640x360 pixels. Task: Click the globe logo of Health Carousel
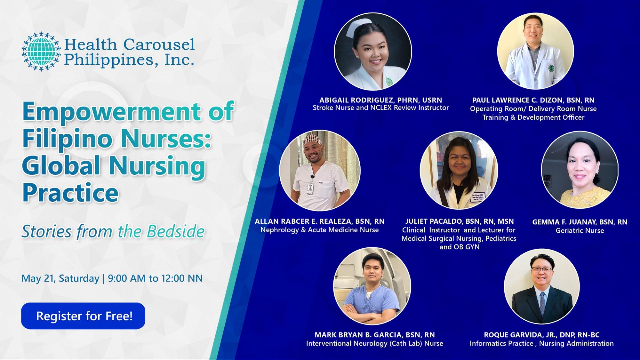click(41, 51)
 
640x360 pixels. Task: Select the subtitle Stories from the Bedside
click(113, 231)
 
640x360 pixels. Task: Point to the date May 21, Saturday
click(60, 278)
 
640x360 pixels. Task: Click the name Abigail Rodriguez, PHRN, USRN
click(380, 100)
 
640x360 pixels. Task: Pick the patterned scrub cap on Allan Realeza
click(313, 140)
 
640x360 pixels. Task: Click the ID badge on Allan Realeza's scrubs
click(310, 188)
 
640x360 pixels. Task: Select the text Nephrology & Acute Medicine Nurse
click(319, 230)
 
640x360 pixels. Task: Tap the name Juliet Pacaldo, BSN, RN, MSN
click(459, 221)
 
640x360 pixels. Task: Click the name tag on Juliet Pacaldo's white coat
click(478, 197)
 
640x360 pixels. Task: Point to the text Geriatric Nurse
click(580, 230)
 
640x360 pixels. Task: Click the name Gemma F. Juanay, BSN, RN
click(580, 222)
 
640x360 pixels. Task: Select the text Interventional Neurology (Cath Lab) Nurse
click(374, 343)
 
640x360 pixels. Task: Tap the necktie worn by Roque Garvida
click(542, 302)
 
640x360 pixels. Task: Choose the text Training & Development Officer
click(533, 117)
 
